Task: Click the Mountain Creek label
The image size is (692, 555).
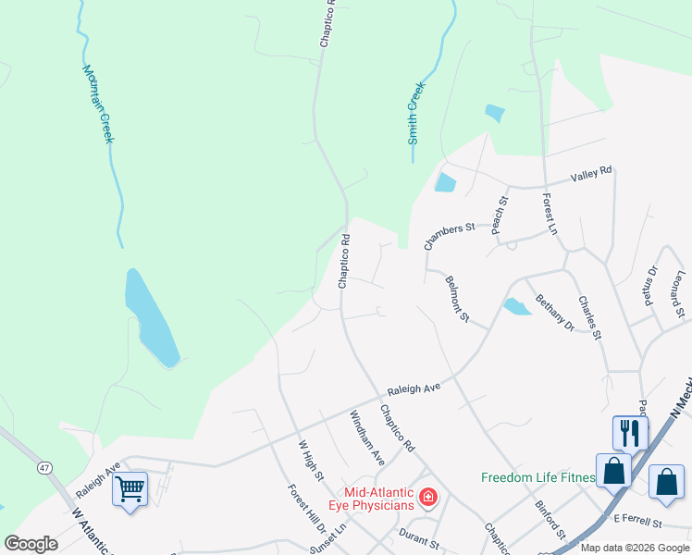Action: pos(97,103)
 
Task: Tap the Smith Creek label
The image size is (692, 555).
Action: pos(415,113)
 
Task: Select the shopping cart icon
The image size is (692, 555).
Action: pos(130,488)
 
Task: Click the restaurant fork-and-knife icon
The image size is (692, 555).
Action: pos(629,432)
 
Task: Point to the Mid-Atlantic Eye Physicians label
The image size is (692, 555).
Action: pos(378,499)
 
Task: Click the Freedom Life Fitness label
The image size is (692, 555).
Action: pos(538,477)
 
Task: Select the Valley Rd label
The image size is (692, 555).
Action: pos(591,173)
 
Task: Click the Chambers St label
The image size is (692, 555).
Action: pos(449,236)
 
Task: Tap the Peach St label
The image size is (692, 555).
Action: pos(500,214)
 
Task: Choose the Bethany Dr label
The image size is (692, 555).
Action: pos(555,314)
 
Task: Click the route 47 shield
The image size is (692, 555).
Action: pos(44,468)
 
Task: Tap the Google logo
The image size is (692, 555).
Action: pos(31,544)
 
